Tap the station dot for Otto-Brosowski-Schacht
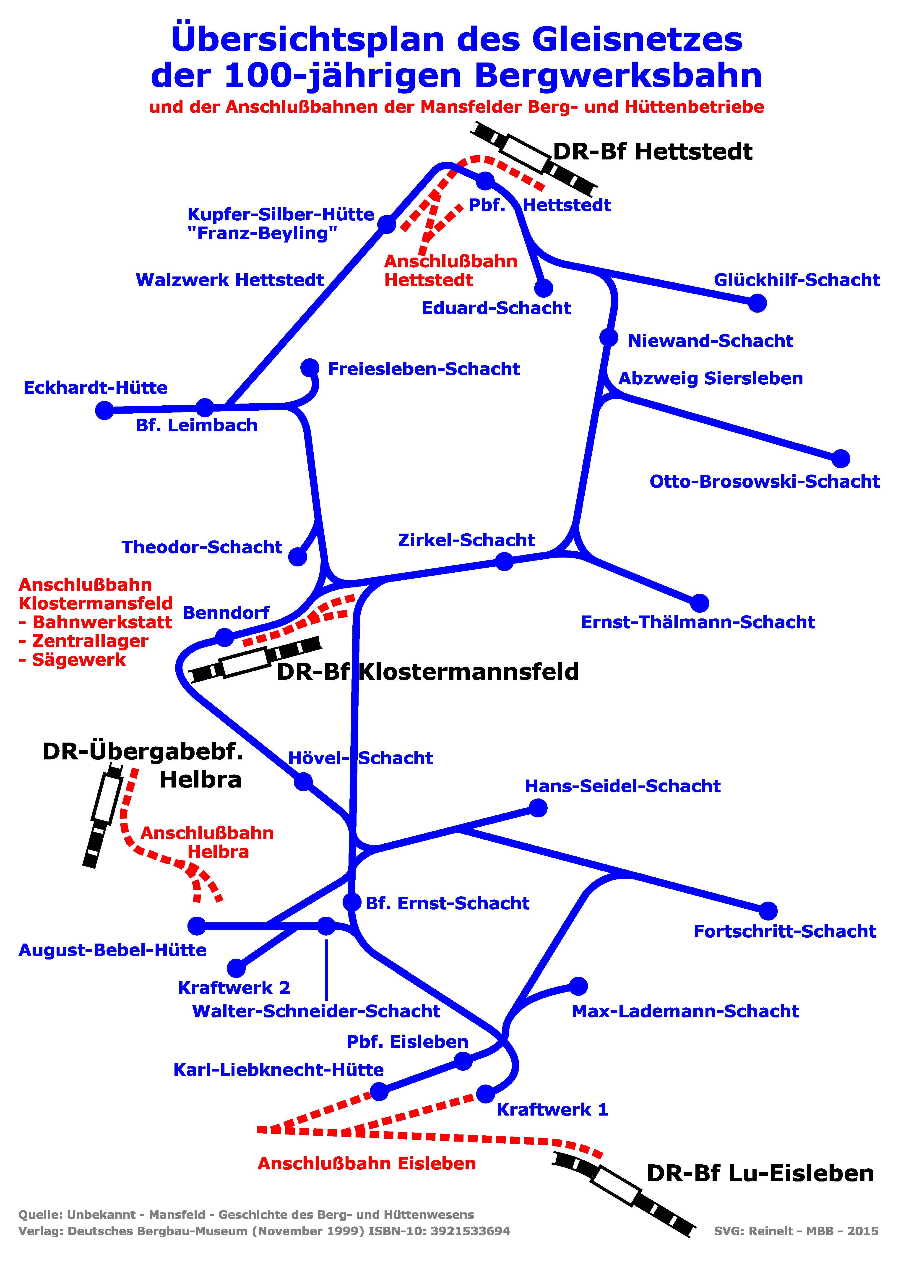coord(841,458)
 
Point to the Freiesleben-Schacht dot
coord(310,367)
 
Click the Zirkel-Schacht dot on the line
coord(504,561)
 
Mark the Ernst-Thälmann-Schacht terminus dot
coord(700,603)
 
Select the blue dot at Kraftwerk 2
coord(236,968)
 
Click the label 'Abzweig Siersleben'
coord(711,378)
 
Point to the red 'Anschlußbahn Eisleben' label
coord(367,1163)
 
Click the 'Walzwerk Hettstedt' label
coord(229,280)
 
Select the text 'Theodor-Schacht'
coord(202,547)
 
